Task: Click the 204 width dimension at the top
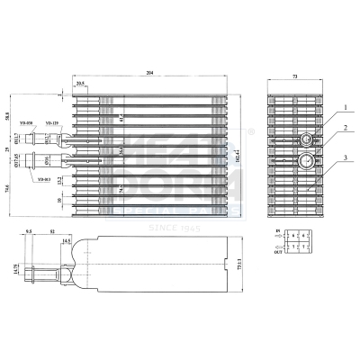[161, 72]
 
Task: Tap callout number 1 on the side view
[343, 105]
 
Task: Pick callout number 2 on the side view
[343, 129]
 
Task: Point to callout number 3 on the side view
[343, 158]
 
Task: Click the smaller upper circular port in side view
[308, 139]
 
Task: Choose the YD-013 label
[42, 180]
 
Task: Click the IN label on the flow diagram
[276, 232]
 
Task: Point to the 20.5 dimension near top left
[81, 84]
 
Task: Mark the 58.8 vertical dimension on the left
[7, 117]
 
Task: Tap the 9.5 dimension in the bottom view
[31, 231]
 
